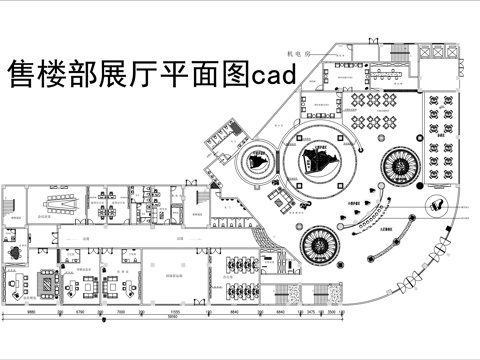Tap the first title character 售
click(x=22, y=74)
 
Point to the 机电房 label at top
click(x=299, y=46)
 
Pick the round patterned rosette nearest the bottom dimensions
click(x=321, y=242)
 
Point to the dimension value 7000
click(x=121, y=312)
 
